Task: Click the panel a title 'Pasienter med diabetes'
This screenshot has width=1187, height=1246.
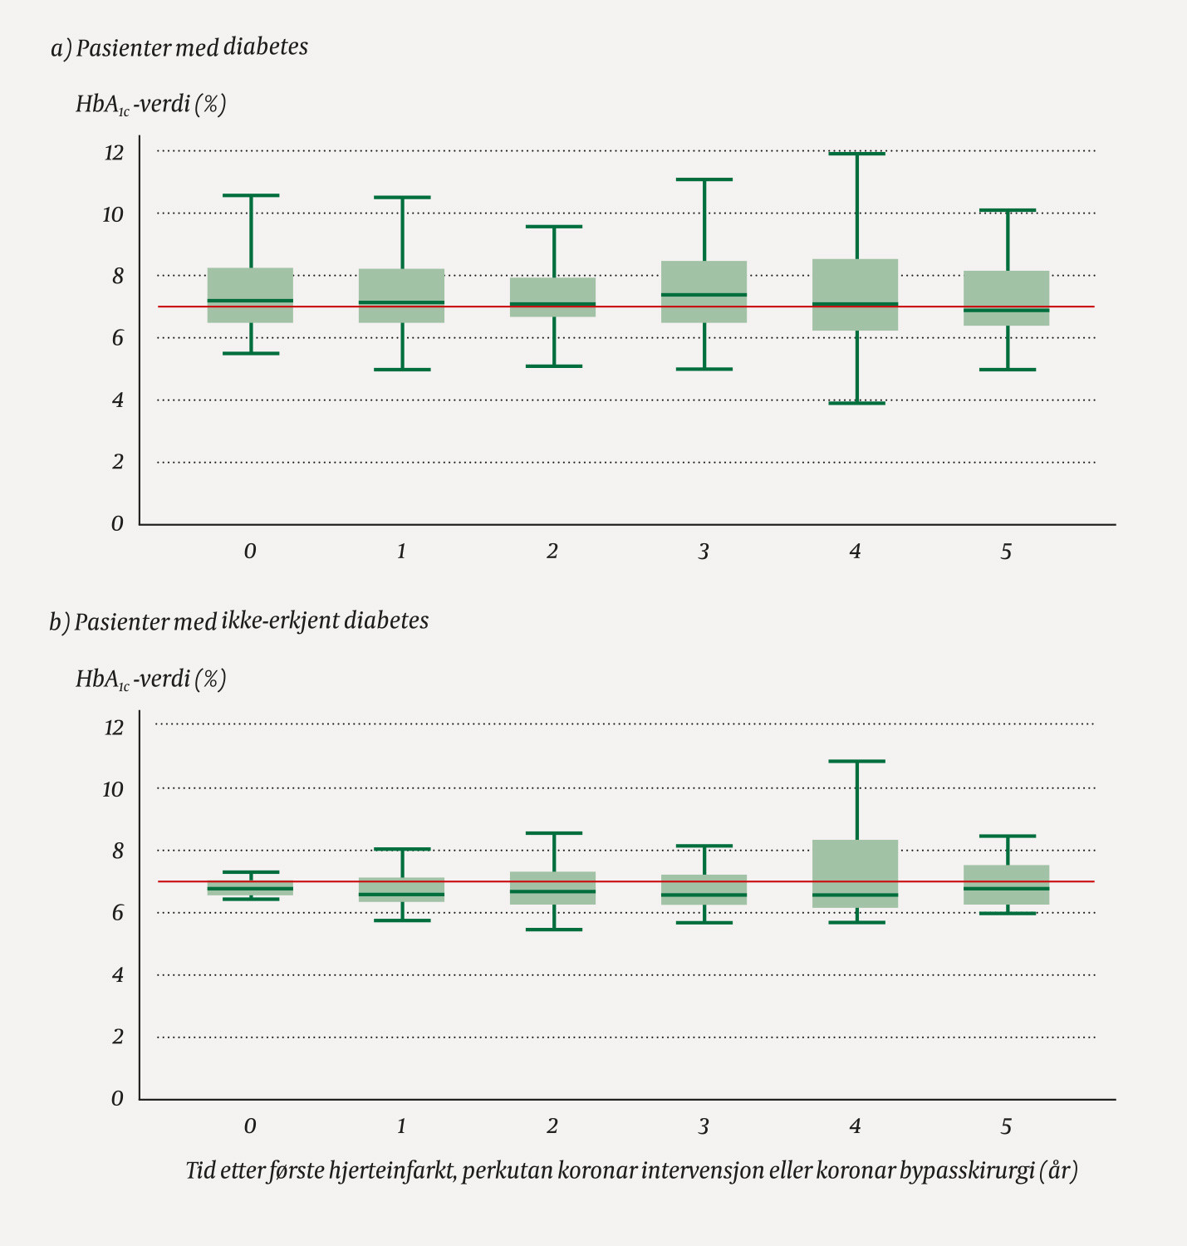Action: pos(191,47)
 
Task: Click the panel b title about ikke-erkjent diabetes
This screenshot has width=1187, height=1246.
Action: pos(251,621)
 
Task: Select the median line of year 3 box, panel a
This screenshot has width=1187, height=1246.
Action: pos(704,295)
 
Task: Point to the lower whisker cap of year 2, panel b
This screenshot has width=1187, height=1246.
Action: pos(553,930)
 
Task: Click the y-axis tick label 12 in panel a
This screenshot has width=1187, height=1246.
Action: pos(113,153)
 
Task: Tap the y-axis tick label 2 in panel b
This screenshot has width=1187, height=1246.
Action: pos(118,1037)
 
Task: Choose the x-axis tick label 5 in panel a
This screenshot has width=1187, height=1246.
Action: pos(1007,552)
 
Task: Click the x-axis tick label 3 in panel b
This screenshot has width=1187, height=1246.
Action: pos(704,1126)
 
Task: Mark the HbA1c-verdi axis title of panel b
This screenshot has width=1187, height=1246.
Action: pos(150,679)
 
